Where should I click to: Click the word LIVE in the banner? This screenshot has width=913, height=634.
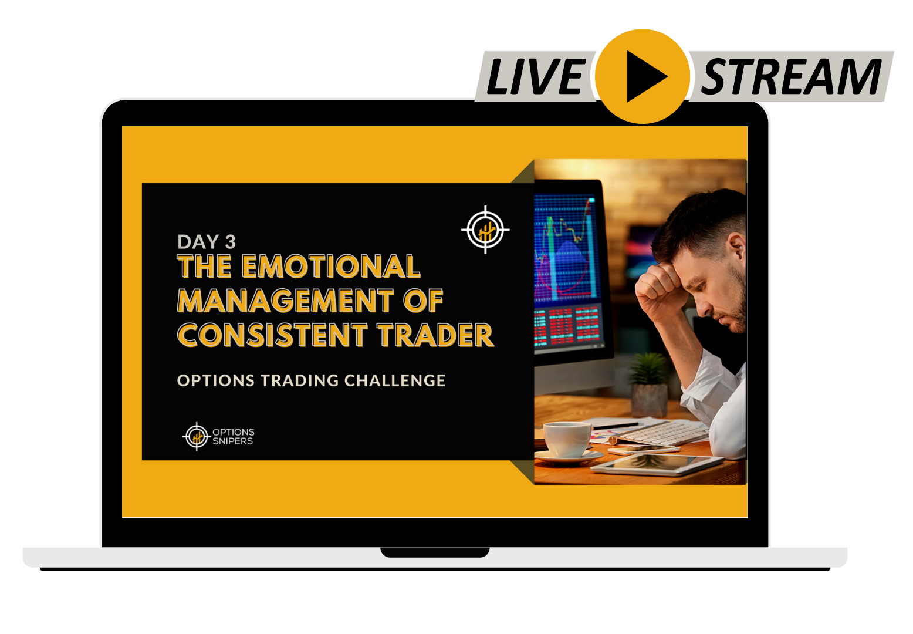pyautogui.click(x=537, y=76)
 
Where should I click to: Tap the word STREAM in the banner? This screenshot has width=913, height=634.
pyautogui.click(x=791, y=76)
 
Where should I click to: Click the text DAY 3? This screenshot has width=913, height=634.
pyautogui.click(x=207, y=242)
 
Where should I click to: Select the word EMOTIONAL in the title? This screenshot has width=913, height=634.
pyautogui.click(x=331, y=267)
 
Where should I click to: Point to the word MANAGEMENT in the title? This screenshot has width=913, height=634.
pyautogui.click(x=286, y=301)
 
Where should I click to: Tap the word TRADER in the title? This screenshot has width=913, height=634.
pyautogui.click(x=436, y=335)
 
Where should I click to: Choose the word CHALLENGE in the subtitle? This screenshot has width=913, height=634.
pyautogui.click(x=395, y=381)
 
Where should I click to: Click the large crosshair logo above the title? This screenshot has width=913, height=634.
pyautogui.click(x=485, y=230)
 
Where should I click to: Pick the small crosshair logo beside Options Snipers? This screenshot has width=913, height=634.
pyautogui.click(x=197, y=437)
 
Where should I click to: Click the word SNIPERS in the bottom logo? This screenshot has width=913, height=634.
pyautogui.click(x=233, y=441)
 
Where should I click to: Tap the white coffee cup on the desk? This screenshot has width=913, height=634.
pyautogui.click(x=567, y=440)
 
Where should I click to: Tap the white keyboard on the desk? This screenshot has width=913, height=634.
pyautogui.click(x=664, y=433)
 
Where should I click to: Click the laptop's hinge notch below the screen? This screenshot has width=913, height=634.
pyautogui.click(x=435, y=552)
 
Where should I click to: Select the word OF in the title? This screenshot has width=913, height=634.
pyautogui.click(x=423, y=301)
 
